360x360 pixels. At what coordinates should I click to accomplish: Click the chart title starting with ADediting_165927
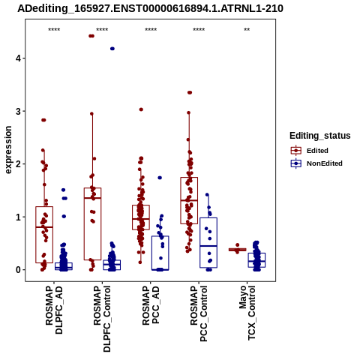(x=150, y=9)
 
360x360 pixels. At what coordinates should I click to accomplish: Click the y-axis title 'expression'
(x=8, y=150)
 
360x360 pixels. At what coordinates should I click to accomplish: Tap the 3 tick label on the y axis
(x=18, y=111)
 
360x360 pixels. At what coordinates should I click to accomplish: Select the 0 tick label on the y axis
(x=18, y=270)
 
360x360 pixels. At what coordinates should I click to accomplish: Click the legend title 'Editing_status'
(x=320, y=136)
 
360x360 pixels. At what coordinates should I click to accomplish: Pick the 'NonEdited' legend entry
(x=316, y=163)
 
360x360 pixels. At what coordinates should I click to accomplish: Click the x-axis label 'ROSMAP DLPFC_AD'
(x=54, y=310)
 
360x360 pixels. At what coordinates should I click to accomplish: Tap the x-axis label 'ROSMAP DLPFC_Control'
(x=102, y=319)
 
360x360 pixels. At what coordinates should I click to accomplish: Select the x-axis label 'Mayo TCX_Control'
(x=247, y=313)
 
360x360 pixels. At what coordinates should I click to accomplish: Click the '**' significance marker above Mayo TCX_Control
(x=247, y=30)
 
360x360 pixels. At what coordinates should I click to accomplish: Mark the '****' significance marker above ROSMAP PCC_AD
(x=151, y=30)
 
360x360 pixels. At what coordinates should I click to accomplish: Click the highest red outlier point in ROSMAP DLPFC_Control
(x=91, y=36)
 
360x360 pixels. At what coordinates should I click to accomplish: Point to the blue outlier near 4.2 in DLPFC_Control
(x=112, y=49)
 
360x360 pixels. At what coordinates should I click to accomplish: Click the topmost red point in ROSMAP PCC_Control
(x=190, y=93)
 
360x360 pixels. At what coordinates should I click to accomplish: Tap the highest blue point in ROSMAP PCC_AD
(x=160, y=178)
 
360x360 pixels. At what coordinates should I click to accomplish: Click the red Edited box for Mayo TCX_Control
(x=237, y=250)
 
